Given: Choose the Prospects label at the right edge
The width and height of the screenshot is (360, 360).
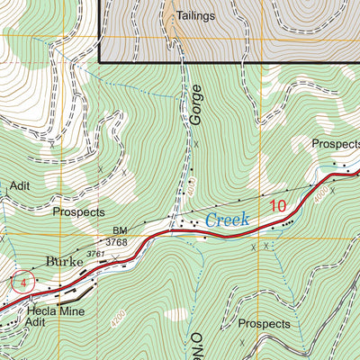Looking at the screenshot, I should tap(335, 144).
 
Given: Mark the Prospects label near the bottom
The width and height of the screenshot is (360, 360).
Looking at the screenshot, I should tap(265, 323).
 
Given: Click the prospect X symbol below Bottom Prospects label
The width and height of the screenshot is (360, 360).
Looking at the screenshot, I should tap(242, 343).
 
